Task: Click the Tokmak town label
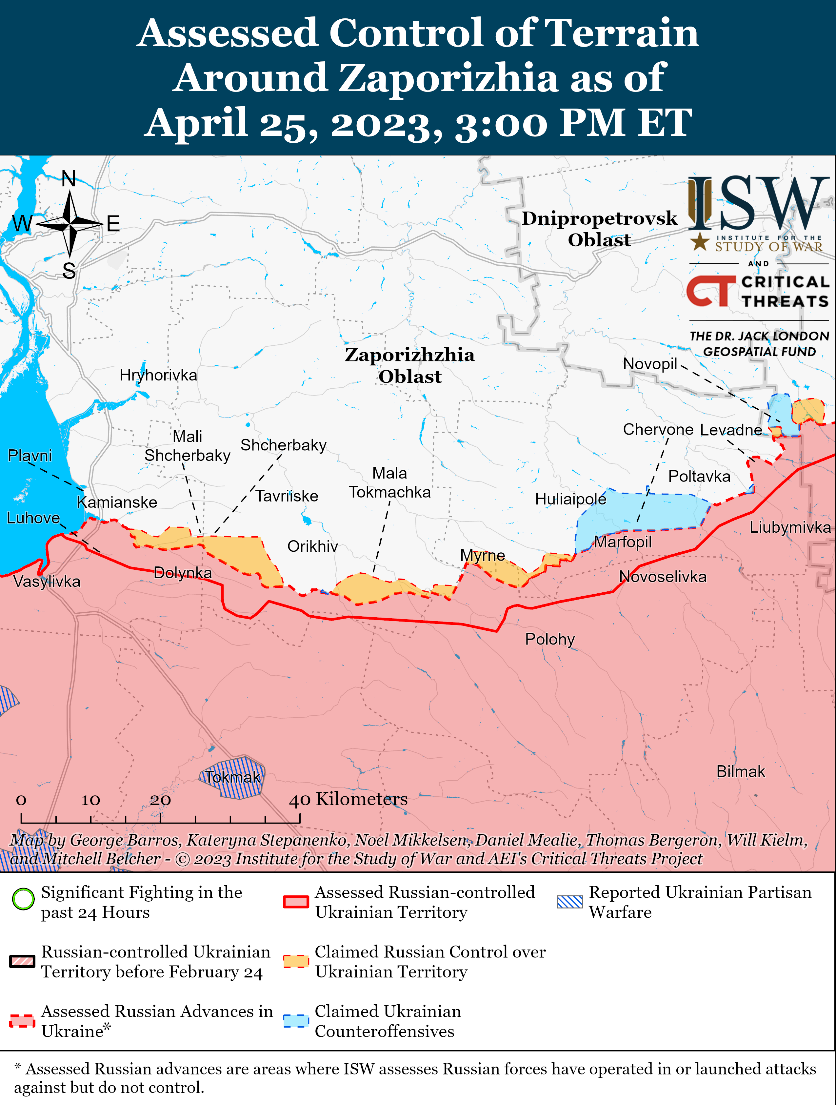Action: [x=233, y=777]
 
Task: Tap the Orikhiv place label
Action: [x=313, y=546]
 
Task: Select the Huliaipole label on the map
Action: [x=570, y=499]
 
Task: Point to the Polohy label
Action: [x=550, y=640]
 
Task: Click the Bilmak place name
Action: [x=740, y=772]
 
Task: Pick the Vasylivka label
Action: [x=47, y=582]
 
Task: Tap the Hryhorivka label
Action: [x=158, y=375]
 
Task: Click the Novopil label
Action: [x=650, y=364]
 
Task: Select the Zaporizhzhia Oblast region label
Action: [x=409, y=366]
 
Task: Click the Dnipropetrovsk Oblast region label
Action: [x=599, y=229]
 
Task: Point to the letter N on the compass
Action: [x=69, y=179]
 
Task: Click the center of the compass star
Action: [x=70, y=224]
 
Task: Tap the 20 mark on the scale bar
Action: [x=160, y=800]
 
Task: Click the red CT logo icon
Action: [x=711, y=292]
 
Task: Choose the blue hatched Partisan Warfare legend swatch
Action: [x=569, y=902]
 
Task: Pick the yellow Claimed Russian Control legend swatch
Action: [x=296, y=961]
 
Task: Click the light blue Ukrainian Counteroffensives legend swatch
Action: [x=296, y=1021]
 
